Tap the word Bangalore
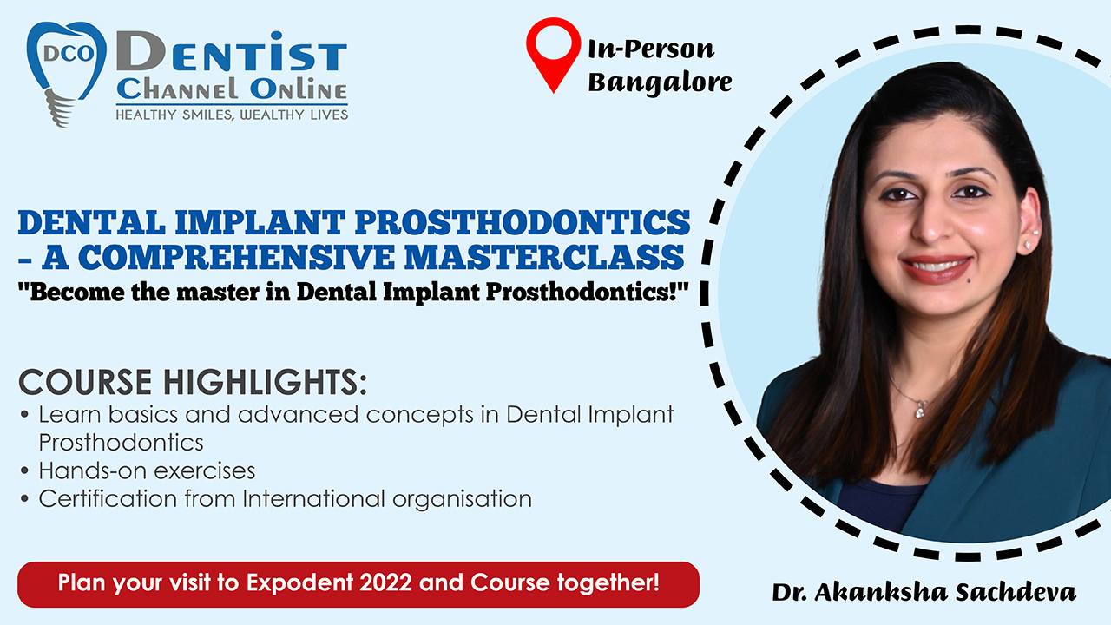(660, 82)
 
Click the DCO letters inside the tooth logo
(69, 54)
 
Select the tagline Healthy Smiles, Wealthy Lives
(232, 115)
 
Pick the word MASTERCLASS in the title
(544, 257)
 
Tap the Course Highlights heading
(193, 382)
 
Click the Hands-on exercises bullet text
(147, 471)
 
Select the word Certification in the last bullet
(108, 499)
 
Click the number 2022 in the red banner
(385, 582)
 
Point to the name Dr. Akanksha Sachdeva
(924, 592)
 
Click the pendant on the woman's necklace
(921, 409)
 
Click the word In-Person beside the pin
(651, 49)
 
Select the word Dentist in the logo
(232, 51)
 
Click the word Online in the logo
(298, 89)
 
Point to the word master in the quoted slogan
(218, 292)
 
